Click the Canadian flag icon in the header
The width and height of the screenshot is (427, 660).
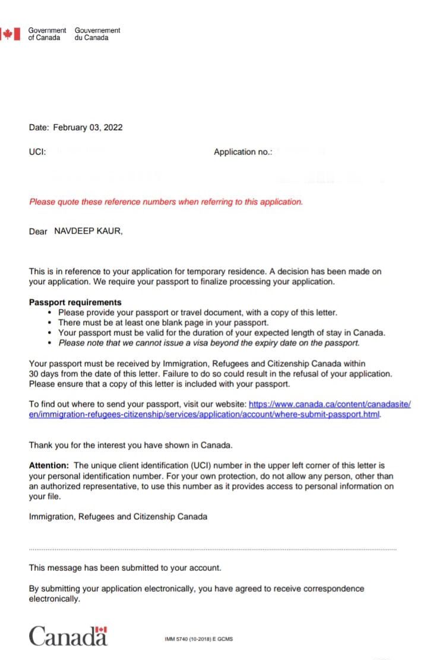click(x=8, y=34)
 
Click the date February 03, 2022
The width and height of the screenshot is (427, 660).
click(x=88, y=127)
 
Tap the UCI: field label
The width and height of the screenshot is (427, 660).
click(x=37, y=152)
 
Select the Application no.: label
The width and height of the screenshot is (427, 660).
click(x=243, y=152)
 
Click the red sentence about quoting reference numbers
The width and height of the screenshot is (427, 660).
click(x=166, y=202)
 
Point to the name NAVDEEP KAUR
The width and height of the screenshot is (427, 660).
click(x=88, y=231)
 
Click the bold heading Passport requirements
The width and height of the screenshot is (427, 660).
click(x=75, y=302)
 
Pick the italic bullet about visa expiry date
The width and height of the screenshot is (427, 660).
click(x=209, y=342)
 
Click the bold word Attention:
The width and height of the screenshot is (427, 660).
click(x=49, y=466)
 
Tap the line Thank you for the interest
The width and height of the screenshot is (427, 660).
click(x=131, y=445)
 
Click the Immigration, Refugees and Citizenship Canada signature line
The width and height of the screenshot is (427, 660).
click(x=118, y=517)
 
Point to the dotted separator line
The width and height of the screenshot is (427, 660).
click(x=213, y=549)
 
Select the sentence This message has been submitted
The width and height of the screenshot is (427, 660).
click(x=125, y=568)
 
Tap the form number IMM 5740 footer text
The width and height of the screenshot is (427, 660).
click(x=198, y=640)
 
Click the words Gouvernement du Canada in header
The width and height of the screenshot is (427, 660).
click(x=97, y=34)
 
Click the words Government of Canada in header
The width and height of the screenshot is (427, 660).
click(x=47, y=34)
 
